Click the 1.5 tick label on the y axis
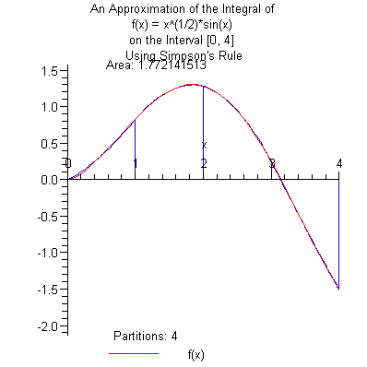click(x=51, y=70)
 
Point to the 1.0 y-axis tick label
click(x=51, y=107)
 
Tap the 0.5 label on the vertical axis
click(x=51, y=144)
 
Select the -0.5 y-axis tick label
click(x=48, y=217)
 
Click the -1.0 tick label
click(x=48, y=254)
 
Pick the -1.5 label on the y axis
click(x=48, y=290)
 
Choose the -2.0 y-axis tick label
click(x=48, y=326)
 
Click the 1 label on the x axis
click(x=136, y=164)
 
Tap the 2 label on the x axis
click(x=204, y=164)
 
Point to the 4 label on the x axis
click(x=339, y=164)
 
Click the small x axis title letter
click(x=204, y=145)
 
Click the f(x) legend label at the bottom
click(x=195, y=354)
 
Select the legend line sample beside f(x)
click(x=133, y=353)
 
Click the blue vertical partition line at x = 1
click(x=136, y=148)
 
